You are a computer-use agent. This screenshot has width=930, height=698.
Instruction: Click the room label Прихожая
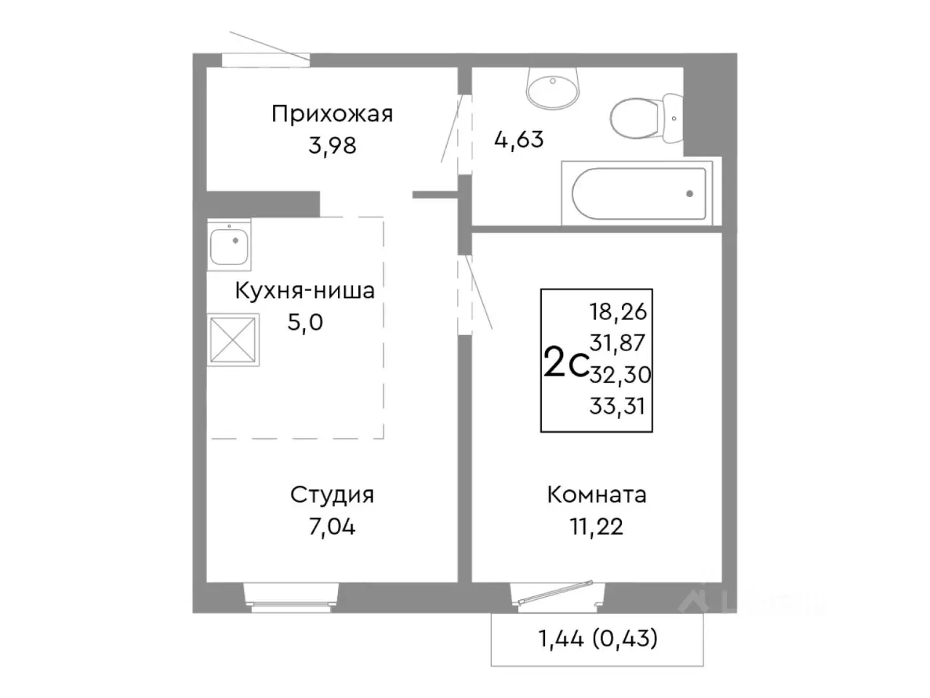point(332,114)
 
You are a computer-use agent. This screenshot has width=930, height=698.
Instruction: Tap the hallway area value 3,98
point(332,145)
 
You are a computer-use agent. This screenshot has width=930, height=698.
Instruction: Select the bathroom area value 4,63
point(518,138)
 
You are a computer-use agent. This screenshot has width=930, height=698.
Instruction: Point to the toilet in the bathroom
point(642,117)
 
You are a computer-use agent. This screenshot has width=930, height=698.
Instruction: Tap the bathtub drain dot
point(689,194)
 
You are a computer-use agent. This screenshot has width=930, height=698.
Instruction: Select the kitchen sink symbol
point(230,244)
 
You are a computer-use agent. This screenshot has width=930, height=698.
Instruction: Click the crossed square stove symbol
point(232,340)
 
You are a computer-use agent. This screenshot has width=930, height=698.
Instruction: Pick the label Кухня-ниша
point(304,291)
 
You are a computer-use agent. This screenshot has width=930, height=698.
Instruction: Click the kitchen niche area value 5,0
point(305,322)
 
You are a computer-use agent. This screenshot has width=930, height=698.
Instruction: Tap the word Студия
point(332,495)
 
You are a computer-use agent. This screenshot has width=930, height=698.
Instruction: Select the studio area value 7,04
point(332,526)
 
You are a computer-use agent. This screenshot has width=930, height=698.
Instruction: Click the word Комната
point(597,495)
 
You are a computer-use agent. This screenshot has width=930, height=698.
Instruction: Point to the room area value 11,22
point(597,526)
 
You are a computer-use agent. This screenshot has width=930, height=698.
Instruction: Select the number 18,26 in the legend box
point(618,312)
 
